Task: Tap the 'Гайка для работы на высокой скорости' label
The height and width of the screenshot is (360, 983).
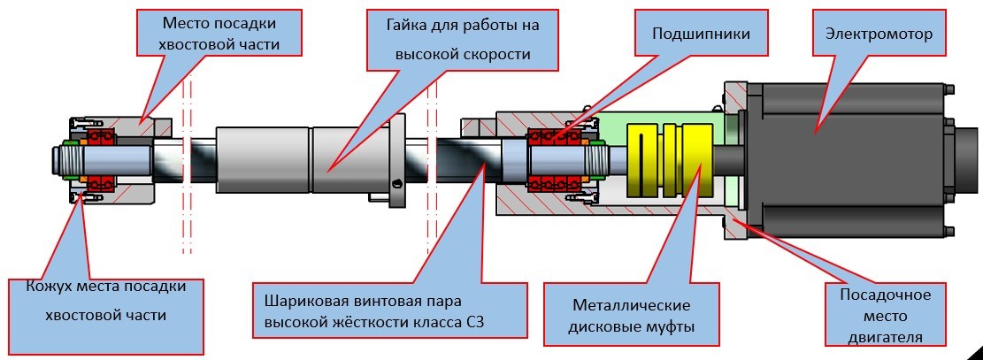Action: (463, 41)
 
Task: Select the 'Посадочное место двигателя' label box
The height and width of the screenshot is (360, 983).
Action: (900, 315)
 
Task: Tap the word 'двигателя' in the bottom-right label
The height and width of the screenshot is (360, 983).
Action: (900, 337)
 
